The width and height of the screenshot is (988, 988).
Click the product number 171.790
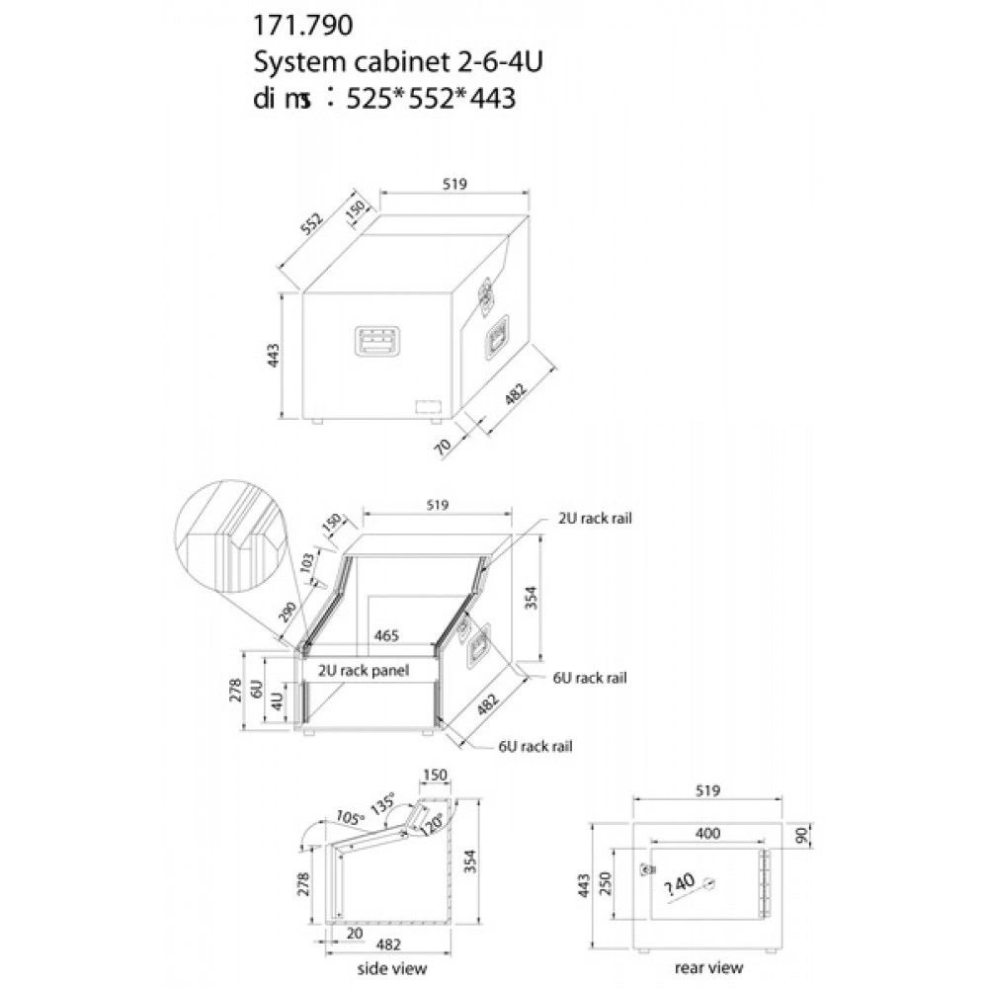(x=302, y=26)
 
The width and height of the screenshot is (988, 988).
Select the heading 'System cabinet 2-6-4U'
(x=397, y=61)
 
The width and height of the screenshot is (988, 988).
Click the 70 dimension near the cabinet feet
(x=444, y=447)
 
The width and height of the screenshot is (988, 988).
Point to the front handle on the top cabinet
(x=377, y=341)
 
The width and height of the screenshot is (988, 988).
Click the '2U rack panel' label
(x=363, y=671)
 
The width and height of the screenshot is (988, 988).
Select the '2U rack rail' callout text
(x=594, y=518)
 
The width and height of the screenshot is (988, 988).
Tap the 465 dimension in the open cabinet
(x=386, y=635)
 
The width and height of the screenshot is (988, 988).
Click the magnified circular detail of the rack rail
(x=229, y=537)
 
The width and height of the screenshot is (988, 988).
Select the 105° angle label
(x=351, y=817)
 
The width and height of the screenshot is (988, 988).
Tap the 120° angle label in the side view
(x=434, y=821)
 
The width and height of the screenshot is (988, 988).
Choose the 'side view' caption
(x=392, y=968)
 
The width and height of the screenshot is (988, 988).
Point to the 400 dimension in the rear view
(x=707, y=833)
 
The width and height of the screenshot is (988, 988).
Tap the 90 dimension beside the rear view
(x=802, y=835)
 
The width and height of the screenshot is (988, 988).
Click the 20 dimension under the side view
(x=355, y=933)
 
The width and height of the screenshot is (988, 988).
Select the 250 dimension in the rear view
(x=605, y=883)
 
